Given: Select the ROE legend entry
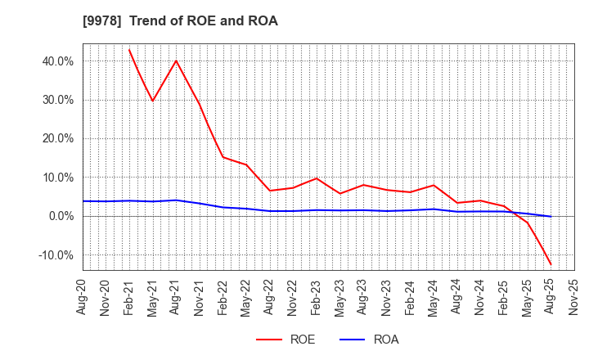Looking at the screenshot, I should [286, 340].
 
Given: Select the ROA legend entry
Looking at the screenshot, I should [369, 340].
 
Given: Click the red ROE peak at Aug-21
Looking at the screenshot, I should [176, 61].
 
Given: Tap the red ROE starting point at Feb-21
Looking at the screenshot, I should [129, 49].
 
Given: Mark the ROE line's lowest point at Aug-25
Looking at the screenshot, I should [551, 264].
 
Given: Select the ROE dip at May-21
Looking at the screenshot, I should [153, 101].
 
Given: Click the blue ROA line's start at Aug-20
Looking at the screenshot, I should [83, 201].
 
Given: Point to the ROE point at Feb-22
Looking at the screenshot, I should [223, 157].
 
